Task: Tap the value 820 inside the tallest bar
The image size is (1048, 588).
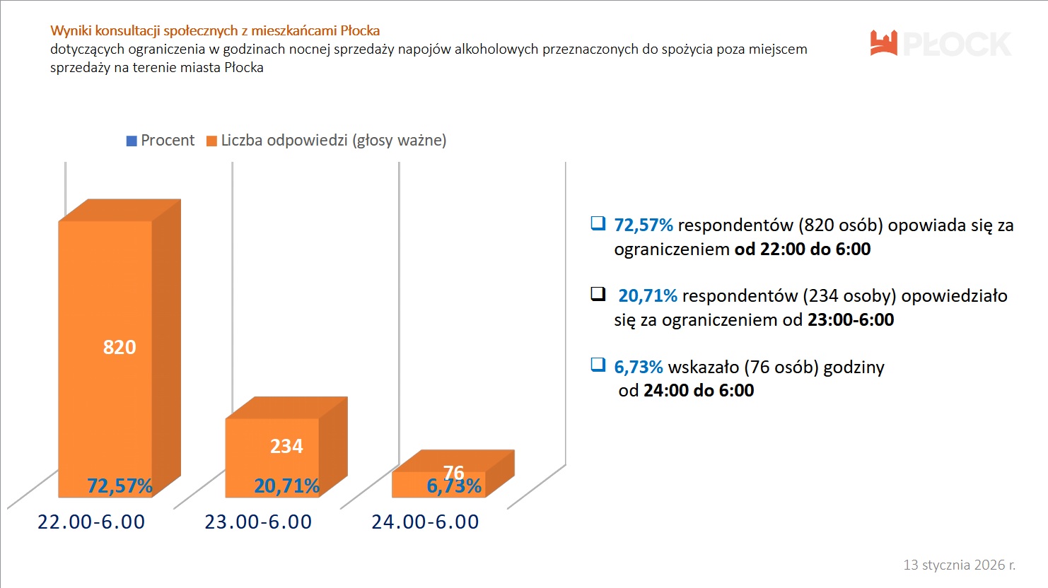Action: coord(120,347)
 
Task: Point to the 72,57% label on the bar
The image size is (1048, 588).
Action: coord(120,486)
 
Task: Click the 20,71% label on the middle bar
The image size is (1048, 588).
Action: coord(286,486)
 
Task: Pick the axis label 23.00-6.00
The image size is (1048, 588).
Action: coord(258,522)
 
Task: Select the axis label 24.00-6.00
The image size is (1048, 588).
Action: coord(425,522)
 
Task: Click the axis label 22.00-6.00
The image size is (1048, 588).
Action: coord(91,522)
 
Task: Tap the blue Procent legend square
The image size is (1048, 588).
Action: coord(132,141)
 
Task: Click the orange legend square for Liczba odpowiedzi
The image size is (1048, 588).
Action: coord(211,141)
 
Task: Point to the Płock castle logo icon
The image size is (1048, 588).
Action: coord(884,43)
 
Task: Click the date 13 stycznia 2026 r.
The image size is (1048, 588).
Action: coord(959,565)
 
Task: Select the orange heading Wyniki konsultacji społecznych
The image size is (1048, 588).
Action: coord(215,30)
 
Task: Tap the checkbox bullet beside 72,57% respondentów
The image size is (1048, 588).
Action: coord(598,223)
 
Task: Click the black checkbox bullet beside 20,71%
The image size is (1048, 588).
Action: coord(598,293)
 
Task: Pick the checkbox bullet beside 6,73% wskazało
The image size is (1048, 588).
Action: coord(598,365)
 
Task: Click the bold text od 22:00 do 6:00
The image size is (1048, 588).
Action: coord(803,249)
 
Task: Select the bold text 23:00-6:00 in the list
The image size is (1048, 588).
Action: coord(851,319)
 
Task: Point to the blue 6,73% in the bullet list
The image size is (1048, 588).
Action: coord(639,367)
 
